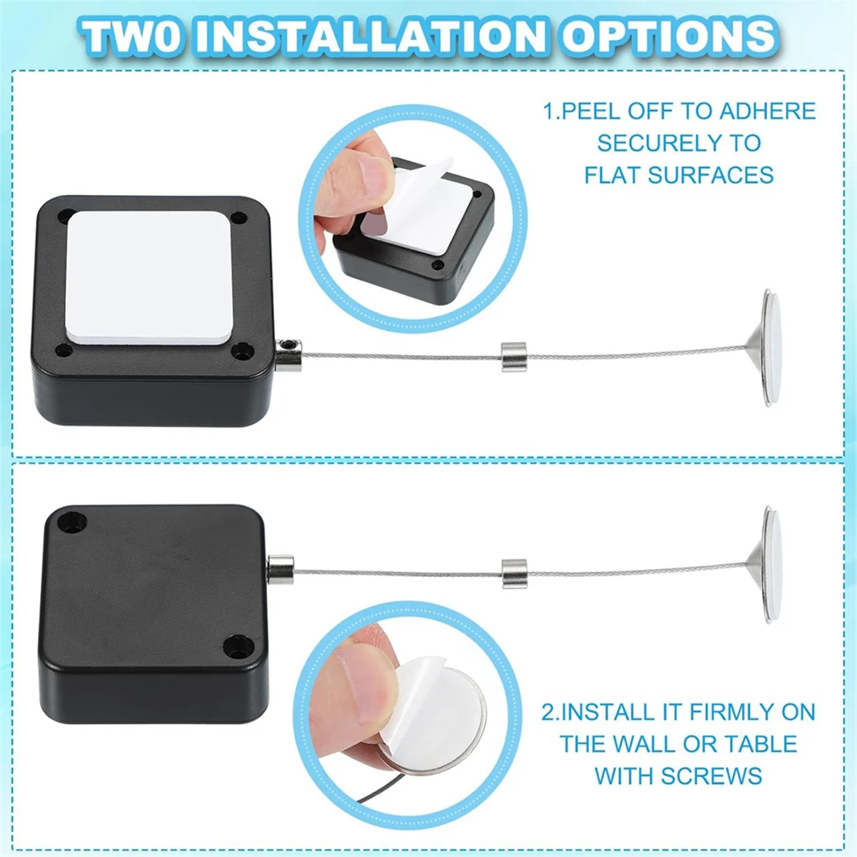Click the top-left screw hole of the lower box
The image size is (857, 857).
pyautogui.click(x=71, y=522)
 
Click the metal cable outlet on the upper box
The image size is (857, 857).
pyautogui.click(x=288, y=354)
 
